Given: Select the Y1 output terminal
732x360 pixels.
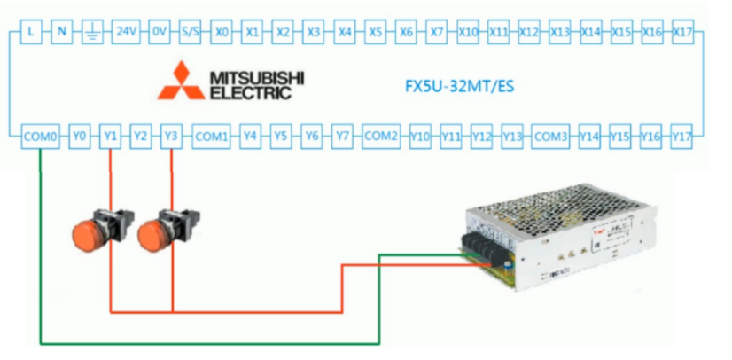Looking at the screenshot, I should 110,137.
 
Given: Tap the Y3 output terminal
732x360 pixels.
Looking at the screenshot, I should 171,137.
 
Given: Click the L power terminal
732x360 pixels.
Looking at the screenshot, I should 31,32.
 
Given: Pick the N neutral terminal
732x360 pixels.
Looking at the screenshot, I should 62,32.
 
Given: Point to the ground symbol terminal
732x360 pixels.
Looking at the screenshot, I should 93,32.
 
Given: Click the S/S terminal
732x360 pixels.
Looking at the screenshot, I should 190,32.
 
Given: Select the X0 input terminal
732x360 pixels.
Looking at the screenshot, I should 222,32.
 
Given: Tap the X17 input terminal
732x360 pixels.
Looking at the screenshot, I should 682,32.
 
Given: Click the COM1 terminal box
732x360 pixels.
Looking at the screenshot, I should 212,137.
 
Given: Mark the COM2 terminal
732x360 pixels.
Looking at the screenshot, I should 381,137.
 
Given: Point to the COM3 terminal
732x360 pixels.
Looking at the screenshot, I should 551,137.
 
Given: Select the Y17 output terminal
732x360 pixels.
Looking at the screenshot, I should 681,137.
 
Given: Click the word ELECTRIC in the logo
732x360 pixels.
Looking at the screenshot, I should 250,90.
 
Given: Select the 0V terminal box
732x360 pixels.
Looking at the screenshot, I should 158,32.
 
